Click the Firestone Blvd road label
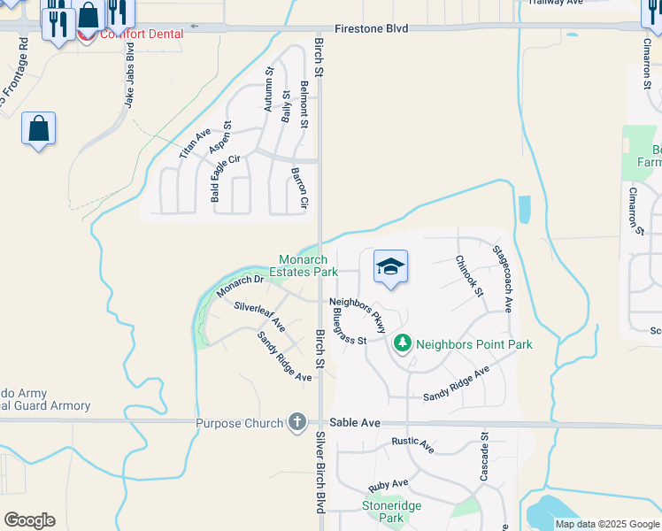point(373,28)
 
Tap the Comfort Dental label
point(142,35)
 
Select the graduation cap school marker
point(390,265)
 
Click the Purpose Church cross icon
point(297,423)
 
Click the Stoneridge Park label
point(392,511)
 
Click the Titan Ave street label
point(195,143)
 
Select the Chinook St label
point(470,275)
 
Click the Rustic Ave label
point(412,444)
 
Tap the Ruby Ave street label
point(389,484)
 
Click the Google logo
point(29,520)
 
